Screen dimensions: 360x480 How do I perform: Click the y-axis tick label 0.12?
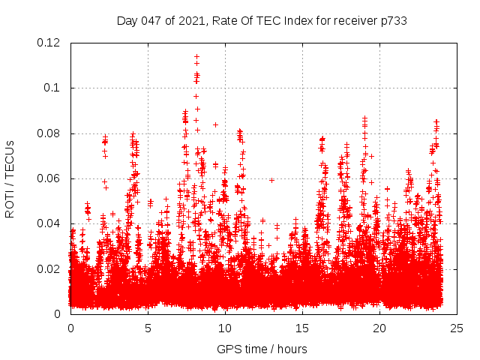(x=49, y=43)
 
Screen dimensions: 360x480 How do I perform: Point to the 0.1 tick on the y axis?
(x=54, y=88)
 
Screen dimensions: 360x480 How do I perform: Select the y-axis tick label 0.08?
(x=49, y=133)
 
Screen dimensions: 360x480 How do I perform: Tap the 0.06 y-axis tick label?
(x=49, y=178)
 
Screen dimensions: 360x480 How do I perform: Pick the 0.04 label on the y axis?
(x=49, y=223)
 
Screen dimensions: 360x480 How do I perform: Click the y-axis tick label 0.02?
(x=49, y=268)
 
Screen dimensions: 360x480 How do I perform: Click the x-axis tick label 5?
(x=148, y=328)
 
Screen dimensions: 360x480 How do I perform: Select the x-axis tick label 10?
(x=225, y=328)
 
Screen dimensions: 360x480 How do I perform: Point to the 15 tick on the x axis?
(x=302, y=328)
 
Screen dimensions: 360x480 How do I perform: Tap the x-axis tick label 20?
(x=379, y=328)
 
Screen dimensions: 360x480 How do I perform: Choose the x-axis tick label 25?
(x=457, y=328)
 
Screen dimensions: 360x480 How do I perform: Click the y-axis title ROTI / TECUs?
(x=10, y=178)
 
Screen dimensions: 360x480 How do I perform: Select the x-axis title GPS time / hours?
(x=262, y=349)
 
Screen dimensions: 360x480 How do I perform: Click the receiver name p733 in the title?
(x=393, y=20)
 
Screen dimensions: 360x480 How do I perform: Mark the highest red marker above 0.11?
(x=196, y=56)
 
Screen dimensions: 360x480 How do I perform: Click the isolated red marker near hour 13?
(x=271, y=179)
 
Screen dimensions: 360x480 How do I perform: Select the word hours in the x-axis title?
(x=291, y=349)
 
